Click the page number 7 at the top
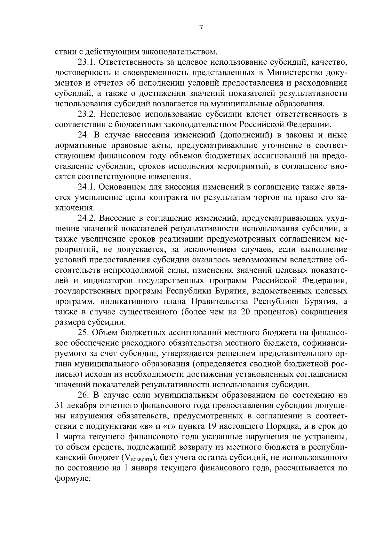click(201, 28)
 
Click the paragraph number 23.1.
click(87, 62)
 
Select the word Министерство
click(299, 72)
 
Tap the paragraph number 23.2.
click(87, 114)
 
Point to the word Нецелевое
click(122, 114)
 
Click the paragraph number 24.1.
click(87, 187)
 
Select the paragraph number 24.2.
click(87, 218)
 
